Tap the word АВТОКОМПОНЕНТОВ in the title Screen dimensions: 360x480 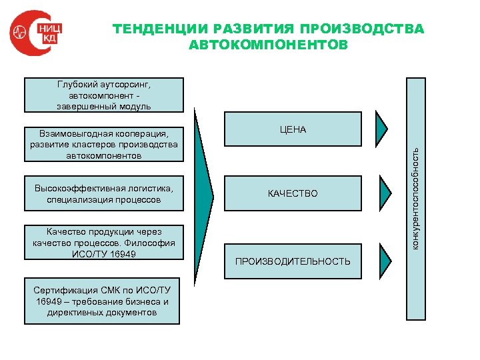(268, 45)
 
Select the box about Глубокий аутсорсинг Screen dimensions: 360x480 (103, 95)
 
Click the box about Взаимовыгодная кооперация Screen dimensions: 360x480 (103, 144)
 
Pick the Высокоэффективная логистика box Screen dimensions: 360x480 (103, 193)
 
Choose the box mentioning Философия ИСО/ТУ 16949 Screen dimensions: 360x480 (103, 243)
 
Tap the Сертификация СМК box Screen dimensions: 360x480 (102, 301)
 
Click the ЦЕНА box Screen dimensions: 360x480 (293, 129)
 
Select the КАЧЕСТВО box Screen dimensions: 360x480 (293, 193)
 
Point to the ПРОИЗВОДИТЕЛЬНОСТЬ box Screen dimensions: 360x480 (293, 261)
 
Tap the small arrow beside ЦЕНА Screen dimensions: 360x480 (381, 127)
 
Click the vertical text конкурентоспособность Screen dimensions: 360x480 (415, 198)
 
